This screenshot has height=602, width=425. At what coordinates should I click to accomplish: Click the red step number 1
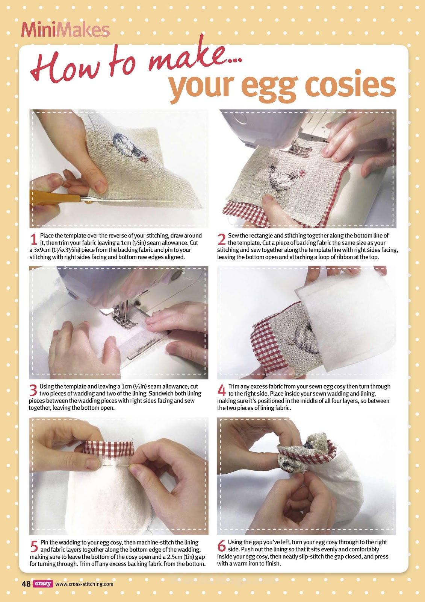(33, 239)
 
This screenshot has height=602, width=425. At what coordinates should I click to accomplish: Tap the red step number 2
(221, 239)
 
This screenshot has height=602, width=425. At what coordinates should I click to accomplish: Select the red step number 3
(33, 390)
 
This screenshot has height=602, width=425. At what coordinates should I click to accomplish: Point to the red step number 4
(221, 390)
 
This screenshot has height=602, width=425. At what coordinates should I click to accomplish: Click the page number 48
(26, 584)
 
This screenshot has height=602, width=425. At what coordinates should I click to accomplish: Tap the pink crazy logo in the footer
(43, 584)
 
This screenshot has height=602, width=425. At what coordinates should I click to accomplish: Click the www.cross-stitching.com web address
(84, 584)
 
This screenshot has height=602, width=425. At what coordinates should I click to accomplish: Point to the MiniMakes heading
(65, 30)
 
